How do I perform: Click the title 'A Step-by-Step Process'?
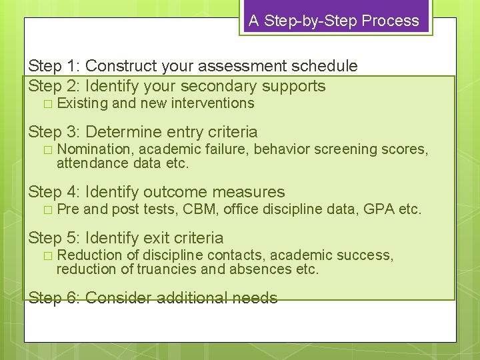point(334,21)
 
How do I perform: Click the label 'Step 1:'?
point(54,66)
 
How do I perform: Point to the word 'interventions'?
point(213,103)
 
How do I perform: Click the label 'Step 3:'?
point(54,132)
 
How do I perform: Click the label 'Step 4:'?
point(54,193)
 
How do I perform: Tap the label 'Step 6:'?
point(54,298)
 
